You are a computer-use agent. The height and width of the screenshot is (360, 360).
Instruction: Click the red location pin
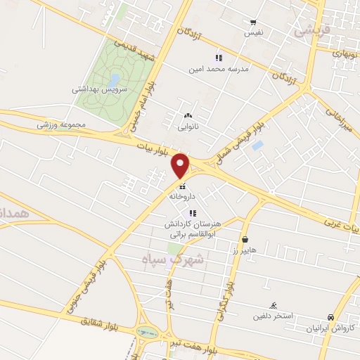point(181,165)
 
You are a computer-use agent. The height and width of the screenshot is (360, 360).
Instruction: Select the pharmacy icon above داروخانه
point(182,186)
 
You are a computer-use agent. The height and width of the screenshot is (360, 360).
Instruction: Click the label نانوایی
point(188,127)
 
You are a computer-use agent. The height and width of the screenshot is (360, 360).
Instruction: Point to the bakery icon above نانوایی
point(188,115)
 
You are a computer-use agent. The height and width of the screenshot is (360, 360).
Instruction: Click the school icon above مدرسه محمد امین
point(219,58)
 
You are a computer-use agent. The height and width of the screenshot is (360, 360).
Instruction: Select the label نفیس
point(253,32)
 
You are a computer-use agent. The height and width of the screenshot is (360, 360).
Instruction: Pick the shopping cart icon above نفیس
point(253,22)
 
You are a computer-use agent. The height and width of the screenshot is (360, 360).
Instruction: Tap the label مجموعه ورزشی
point(61,125)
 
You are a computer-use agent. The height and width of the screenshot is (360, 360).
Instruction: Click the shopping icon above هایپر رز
point(244,240)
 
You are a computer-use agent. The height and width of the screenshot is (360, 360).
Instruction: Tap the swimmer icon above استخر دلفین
point(274,304)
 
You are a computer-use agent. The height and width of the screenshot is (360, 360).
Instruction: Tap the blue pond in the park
point(114,79)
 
